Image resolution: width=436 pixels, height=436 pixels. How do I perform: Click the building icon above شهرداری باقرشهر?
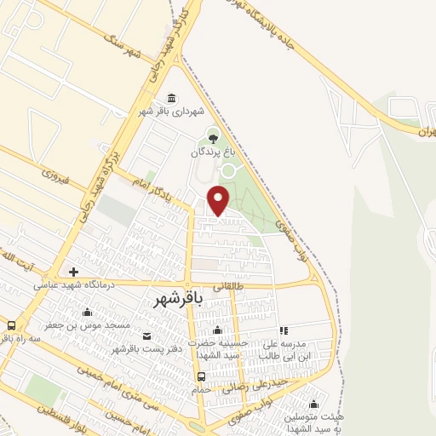coord(173,96)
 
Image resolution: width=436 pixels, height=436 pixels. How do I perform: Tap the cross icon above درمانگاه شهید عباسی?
coord(74,272)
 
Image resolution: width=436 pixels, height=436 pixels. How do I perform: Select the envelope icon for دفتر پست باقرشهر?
coord(148,336)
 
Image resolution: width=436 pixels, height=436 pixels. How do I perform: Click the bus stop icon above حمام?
coord(201,376)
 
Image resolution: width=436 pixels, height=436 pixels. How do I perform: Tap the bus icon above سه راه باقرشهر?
coord(11,324)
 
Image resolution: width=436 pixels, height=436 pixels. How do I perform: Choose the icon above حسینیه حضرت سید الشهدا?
coord(221,330)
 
